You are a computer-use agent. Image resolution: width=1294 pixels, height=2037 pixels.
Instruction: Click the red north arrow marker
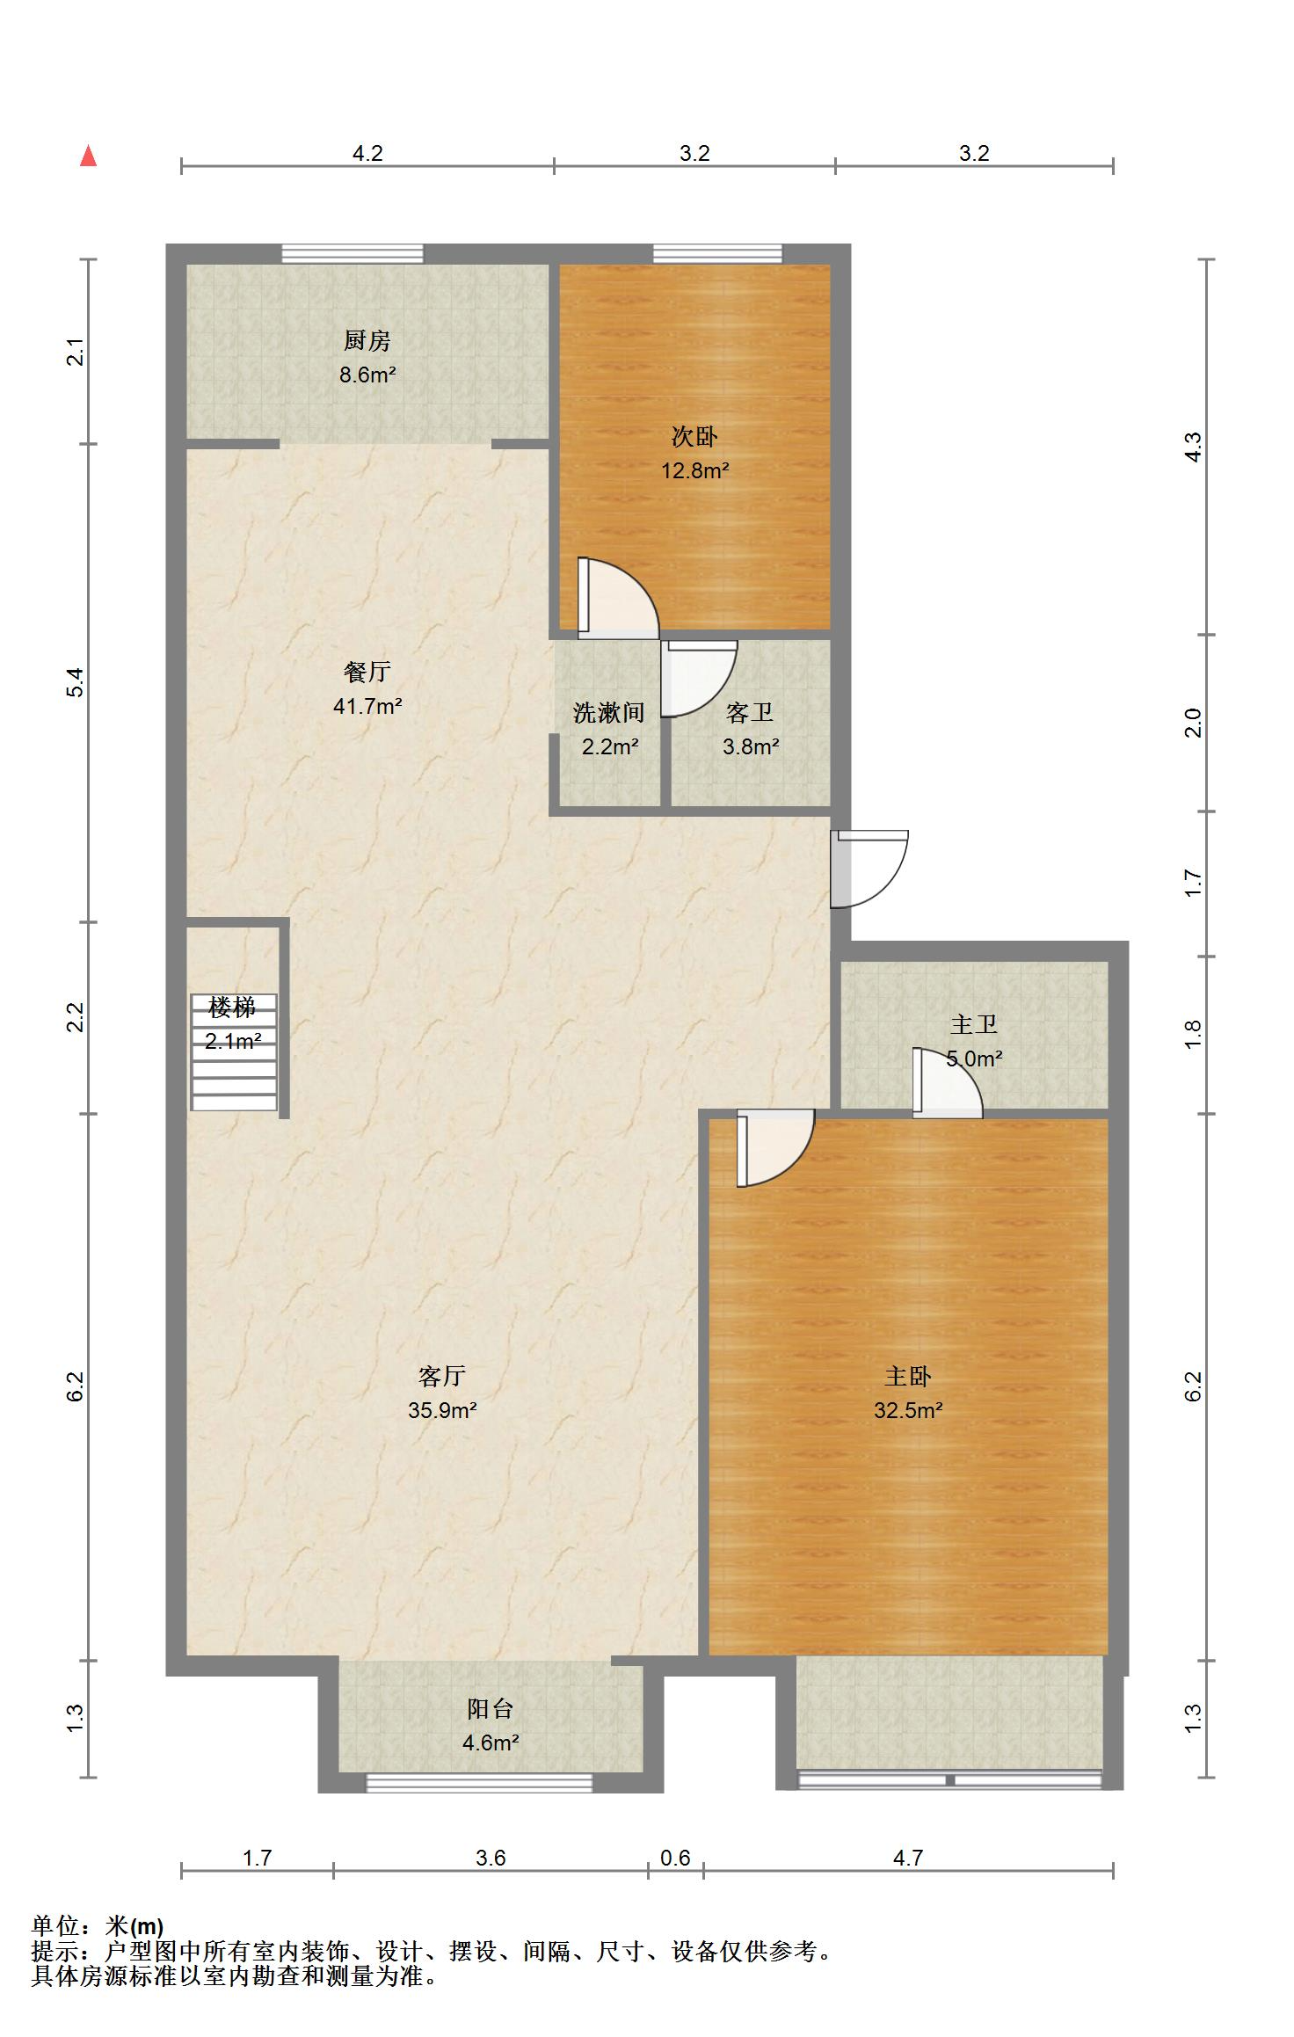(x=88, y=156)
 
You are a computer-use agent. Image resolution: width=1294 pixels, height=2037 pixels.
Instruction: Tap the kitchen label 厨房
(x=367, y=340)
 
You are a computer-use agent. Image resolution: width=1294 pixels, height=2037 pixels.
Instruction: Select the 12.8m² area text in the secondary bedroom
(x=695, y=470)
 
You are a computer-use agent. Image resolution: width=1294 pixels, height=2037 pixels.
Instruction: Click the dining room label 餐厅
(x=367, y=672)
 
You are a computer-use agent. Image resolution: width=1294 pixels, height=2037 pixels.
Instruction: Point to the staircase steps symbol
(x=235, y=1051)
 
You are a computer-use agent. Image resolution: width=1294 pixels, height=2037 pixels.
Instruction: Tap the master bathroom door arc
(x=948, y=1083)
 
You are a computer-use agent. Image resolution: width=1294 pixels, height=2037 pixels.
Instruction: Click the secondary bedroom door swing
(x=618, y=598)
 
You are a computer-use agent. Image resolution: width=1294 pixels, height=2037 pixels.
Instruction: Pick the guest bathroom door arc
(x=699, y=678)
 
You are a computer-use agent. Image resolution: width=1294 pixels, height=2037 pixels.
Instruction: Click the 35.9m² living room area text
(x=442, y=1411)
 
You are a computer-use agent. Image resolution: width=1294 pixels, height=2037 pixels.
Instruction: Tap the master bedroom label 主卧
(x=908, y=1376)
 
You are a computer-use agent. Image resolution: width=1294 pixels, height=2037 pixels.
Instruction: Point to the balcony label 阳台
(x=490, y=1708)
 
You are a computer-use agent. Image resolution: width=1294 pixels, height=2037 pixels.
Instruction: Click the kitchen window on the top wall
(x=353, y=254)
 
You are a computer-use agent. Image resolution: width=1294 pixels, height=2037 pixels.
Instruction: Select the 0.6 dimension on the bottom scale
(x=675, y=1858)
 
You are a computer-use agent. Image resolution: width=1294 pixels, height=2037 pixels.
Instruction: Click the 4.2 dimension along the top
(x=367, y=153)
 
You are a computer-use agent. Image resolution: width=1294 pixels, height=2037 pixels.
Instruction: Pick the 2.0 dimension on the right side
(x=1193, y=723)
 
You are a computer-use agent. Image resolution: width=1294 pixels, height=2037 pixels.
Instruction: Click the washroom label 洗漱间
(x=609, y=712)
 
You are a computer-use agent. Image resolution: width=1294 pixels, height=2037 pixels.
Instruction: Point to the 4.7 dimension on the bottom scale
(x=908, y=1858)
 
